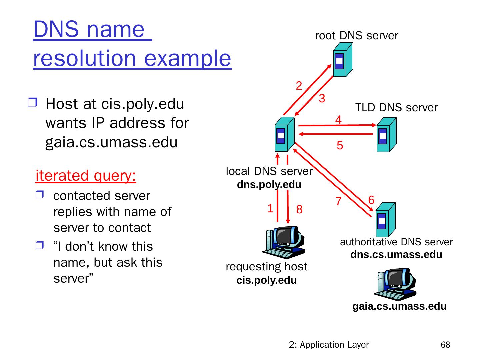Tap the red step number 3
(x=322, y=99)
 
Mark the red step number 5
(x=340, y=146)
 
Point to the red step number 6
(x=371, y=200)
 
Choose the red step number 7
(x=338, y=202)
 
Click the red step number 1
(x=270, y=209)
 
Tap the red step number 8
(x=299, y=210)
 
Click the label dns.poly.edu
(x=269, y=185)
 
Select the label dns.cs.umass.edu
(x=396, y=255)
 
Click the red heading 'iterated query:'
(x=86, y=176)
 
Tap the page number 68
(x=445, y=345)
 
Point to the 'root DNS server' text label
(x=357, y=36)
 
